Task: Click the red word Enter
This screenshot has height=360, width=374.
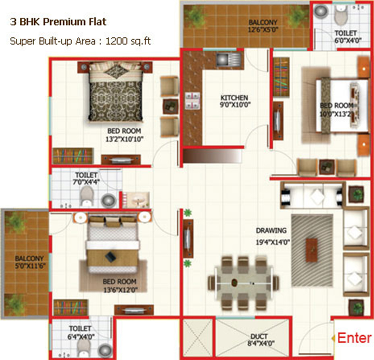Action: point(355,338)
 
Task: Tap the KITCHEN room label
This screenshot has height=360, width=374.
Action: point(234,98)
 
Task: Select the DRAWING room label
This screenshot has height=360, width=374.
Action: point(271,231)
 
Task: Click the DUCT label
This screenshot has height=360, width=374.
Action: point(259,337)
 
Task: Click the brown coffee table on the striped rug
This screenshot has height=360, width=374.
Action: point(312,250)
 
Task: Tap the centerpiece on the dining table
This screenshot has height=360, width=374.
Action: point(235,283)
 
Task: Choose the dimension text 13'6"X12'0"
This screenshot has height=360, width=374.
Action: point(121,290)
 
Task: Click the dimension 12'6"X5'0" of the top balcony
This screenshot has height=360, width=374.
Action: point(263,30)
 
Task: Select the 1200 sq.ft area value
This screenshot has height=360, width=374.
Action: point(128,41)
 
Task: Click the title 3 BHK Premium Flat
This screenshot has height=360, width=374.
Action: point(58,22)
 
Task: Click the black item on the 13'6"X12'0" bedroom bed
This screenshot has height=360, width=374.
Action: point(110,257)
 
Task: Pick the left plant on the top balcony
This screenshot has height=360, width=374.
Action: point(195,16)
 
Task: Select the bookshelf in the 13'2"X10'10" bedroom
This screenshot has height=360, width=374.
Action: point(73,156)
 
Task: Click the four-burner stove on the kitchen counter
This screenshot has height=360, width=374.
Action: point(192,100)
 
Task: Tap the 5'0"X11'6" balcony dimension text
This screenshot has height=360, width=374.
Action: point(29,266)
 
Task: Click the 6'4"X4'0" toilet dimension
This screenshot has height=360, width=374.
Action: point(81,337)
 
